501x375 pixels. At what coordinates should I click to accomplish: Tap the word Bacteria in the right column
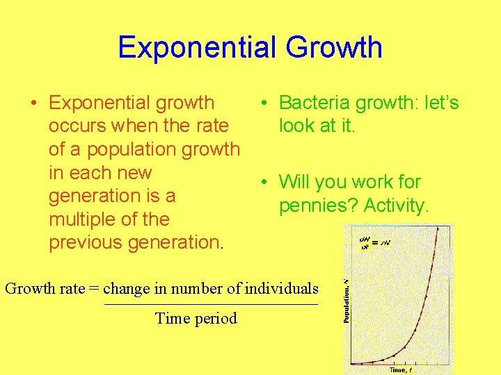[x=315, y=103]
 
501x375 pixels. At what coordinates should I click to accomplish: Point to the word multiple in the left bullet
[x=83, y=219]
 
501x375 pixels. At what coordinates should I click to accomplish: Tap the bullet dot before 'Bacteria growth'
[x=265, y=103]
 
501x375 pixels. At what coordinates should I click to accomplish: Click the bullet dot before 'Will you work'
[x=265, y=183]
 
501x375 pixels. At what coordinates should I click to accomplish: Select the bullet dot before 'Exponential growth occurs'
[x=34, y=103]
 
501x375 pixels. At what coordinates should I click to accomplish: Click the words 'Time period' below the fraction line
[x=196, y=319]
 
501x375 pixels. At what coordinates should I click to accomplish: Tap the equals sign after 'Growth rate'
[x=94, y=288]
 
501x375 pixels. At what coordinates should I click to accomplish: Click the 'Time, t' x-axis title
[x=400, y=370]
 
